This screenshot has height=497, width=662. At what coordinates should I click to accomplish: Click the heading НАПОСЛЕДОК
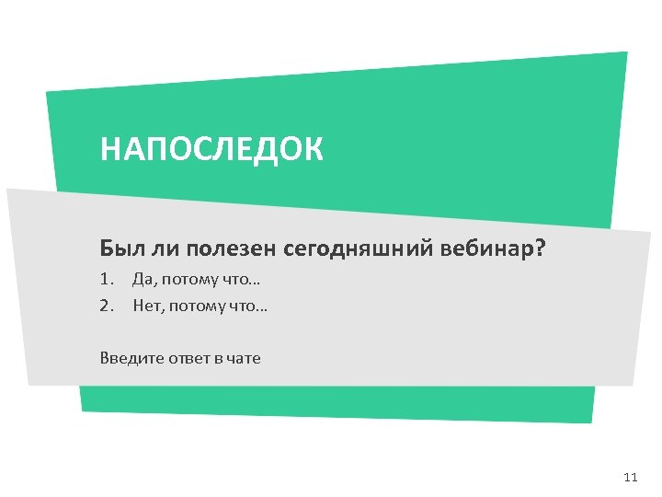pyautogui.click(x=211, y=149)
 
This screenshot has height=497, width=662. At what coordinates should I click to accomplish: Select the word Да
pyautogui.click(x=143, y=279)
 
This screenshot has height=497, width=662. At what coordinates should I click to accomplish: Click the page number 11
pyautogui.click(x=630, y=477)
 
